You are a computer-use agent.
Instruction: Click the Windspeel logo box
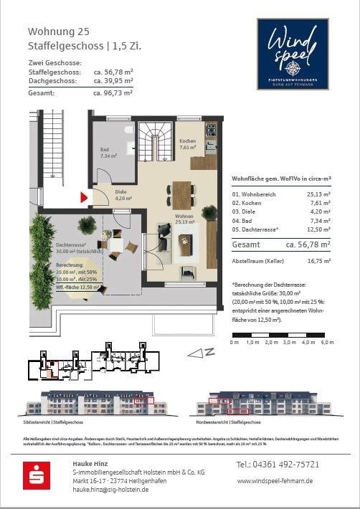[x=292, y=54]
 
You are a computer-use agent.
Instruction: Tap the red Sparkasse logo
[x=36, y=475]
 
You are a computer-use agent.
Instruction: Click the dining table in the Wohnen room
[x=181, y=195]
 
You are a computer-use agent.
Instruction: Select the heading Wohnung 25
[x=59, y=32]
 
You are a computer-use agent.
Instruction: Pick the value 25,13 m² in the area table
[x=318, y=194]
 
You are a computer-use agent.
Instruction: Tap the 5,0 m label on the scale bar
[x=328, y=343]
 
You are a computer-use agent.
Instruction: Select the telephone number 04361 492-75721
[x=278, y=465]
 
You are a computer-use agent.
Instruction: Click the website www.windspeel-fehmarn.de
[x=275, y=481]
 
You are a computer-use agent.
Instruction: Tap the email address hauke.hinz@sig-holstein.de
[x=110, y=489]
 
